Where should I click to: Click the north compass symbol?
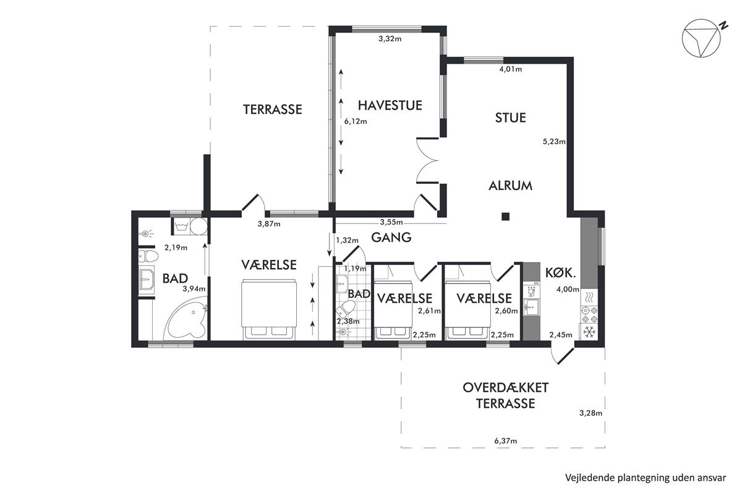tap(701, 38)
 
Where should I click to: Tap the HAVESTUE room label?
tap(390, 105)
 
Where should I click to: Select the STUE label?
tap(510, 118)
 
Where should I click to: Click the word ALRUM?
tap(511, 186)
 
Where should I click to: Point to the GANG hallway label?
tap(391, 238)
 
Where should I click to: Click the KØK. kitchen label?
tap(560, 272)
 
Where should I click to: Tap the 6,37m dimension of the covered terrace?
tap(506, 441)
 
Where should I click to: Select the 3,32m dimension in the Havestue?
tap(390, 39)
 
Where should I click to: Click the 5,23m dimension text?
tap(554, 142)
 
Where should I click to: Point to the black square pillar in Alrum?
tap(506, 217)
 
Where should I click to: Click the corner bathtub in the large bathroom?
tap(185, 319)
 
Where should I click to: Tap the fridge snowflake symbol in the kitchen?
tap(589, 332)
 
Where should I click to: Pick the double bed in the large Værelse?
tap(268, 309)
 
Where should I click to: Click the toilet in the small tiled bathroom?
tap(344, 309)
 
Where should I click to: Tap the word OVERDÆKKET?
tap(506, 387)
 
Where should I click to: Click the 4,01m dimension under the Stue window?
tap(511, 69)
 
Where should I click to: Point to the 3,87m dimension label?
tap(269, 224)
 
